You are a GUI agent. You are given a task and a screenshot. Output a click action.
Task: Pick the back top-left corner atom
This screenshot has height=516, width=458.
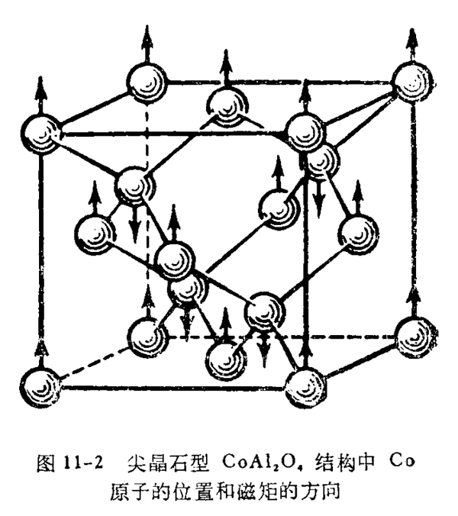coord(147,82)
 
